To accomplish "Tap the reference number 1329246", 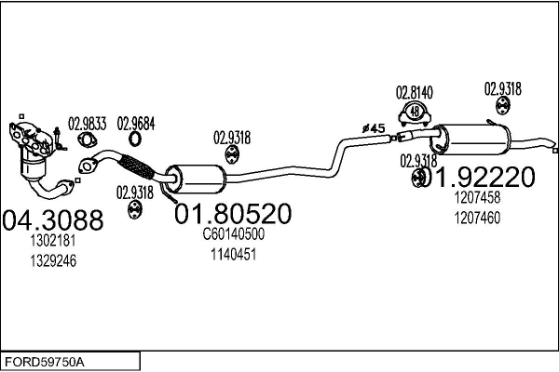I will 52,260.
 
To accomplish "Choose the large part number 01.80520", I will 232,213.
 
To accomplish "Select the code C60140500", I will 233,234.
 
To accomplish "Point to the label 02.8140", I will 415,92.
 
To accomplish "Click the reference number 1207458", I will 477,197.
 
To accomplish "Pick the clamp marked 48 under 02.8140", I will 416,114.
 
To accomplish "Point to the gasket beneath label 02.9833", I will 87,140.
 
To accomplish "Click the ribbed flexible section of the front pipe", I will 139,168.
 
